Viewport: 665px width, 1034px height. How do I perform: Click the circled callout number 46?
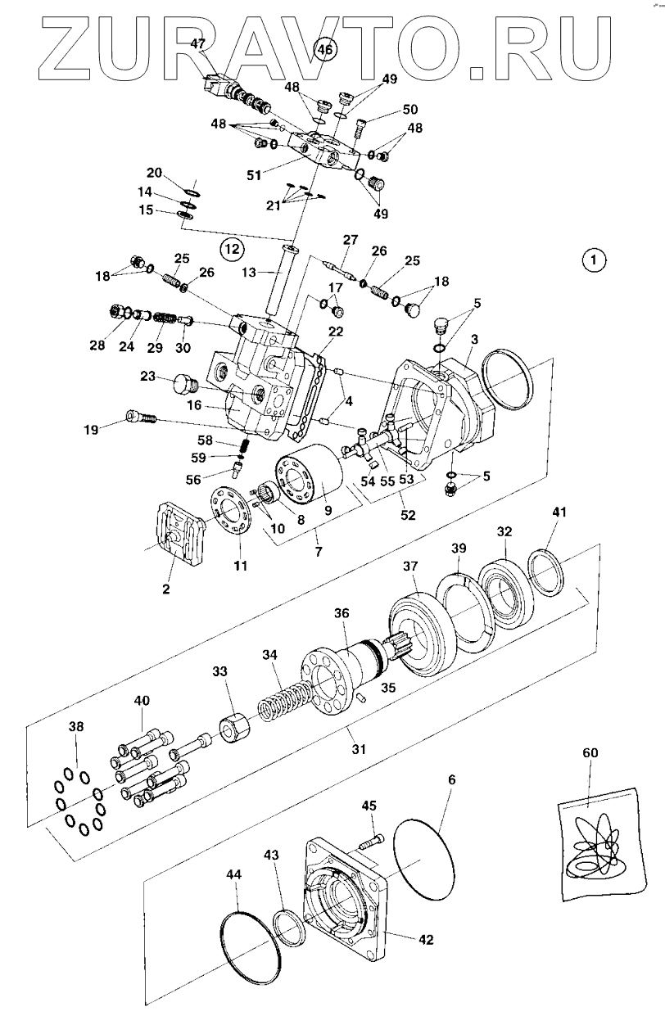pyautogui.click(x=326, y=48)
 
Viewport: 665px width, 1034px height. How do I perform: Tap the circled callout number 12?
pyautogui.click(x=232, y=249)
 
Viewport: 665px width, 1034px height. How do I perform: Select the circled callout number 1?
pyautogui.click(x=594, y=260)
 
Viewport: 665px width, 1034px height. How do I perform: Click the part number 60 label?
pyautogui.click(x=590, y=753)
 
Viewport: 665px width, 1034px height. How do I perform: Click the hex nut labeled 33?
pyautogui.click(x=235, y=731)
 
